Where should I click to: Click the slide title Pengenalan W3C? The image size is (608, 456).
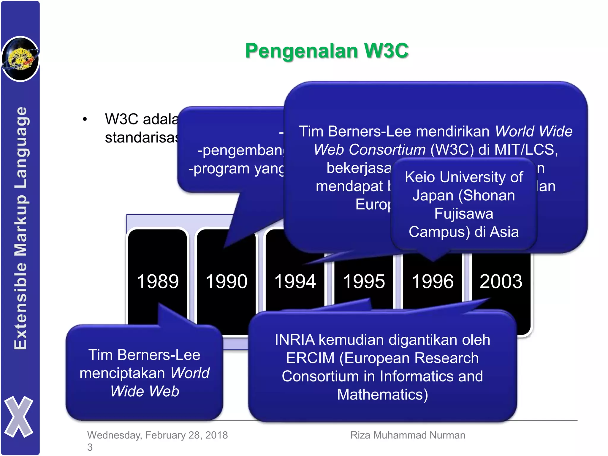pyautogui.click(x=327, y=51)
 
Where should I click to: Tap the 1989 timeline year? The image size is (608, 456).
pyautogui.click(x=158, y=281)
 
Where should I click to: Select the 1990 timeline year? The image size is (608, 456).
pyautogui.click(x=226, y=281)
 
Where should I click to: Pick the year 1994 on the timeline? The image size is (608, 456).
pyautogui.click(x=295, y=281)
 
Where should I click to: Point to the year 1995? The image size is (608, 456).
pyautogui.click(x=364, y=281)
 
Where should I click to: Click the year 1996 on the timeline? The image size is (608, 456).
pyautogui.click(x=432, y=281)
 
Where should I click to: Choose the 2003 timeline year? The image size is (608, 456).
pyautogui.click(x=501, y=281)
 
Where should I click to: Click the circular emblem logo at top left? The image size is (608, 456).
pyautogui.click(x=20, y=59)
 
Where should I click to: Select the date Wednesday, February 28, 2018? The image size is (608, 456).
pyautogui.click(x=157, y=435)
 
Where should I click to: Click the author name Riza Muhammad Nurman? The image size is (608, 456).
pyautogui.click(x=408, y=435)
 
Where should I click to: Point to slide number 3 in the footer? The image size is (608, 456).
pyautogui.click(x=90, y=447)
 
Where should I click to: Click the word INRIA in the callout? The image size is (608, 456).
pyautogui.click(x=294, y=340)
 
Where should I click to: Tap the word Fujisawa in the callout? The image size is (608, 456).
pyautogui.click(x=464, y=214)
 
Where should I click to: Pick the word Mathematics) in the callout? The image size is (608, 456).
pyautogui.click(x=382, y=395)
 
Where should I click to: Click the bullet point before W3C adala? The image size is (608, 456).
pyautogui.click(x=85, y=119)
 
